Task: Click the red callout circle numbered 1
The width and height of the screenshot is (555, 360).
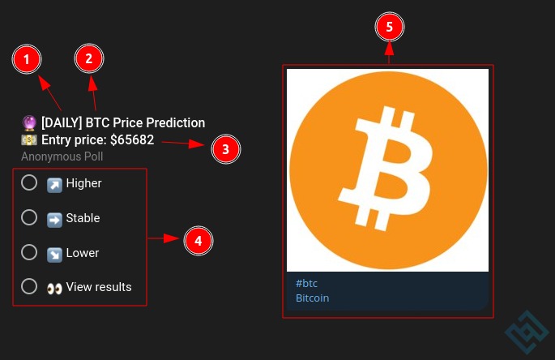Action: pyautogui.click(x=27, y=59)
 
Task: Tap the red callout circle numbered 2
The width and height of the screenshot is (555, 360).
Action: pyautogui.click(x=89, y=58)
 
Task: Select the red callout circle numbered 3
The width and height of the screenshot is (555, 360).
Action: pyautogui.click(x=226, y=149)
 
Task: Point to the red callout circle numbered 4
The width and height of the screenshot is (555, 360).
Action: pyautogui.click(x=199, y=241)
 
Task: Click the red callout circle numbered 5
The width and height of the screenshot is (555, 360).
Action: pyautogui.click(x=390, y=27)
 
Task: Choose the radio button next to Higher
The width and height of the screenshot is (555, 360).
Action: pyautogui.click(x=29, y=182)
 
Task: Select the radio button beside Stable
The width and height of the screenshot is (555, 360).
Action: pyautogui.click(x=29, y=217)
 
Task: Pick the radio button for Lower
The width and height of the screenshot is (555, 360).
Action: pyautogui.click(x=29, y=252)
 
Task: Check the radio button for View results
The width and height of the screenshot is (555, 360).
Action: pyautogui.click(x=29, y=286)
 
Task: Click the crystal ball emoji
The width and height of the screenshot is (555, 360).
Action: pyautogui.click(x=29, y=123)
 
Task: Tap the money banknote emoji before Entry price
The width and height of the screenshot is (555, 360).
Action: pyautogui.click(x=29, y=140)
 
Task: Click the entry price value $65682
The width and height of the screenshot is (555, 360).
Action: pyautogui.click(x=132, y=140)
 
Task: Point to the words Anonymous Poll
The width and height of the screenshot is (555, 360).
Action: pyautogui.click(x=62, y=156)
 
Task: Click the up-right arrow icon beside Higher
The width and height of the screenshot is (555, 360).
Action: pyautogui.click(x=54, y=185)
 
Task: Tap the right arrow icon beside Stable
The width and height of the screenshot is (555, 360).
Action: pyautogui.click(x=54, y=220)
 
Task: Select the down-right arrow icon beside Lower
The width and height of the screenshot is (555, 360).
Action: pyautogui.click(x=54, y=255)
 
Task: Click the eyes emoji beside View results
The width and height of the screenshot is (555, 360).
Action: pyautogui.click(x=54, y=289)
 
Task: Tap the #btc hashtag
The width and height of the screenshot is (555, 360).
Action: pyautogui.click(x=306, y=284)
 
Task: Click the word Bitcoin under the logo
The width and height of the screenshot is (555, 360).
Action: pyautogui.click(x=312, y=298)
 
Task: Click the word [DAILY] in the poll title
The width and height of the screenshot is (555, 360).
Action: pyautogui.click(x=62, y=123)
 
